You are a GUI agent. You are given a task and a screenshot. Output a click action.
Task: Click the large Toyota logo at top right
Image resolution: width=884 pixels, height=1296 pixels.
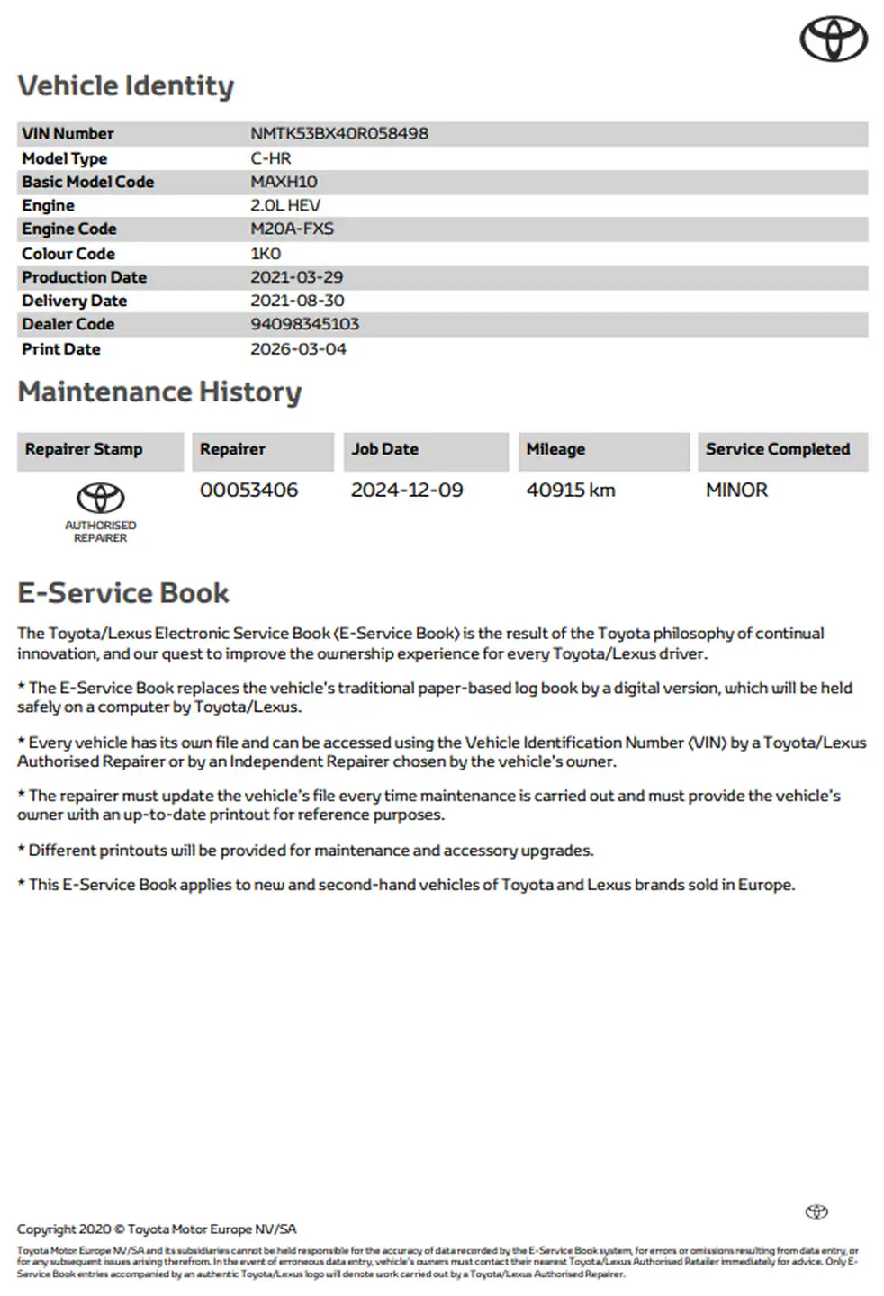click(834, 40)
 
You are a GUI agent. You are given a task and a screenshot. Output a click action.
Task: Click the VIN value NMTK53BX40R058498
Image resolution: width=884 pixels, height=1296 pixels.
click(339, 134)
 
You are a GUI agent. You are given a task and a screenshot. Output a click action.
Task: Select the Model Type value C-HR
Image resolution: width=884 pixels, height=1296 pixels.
click(271, 158)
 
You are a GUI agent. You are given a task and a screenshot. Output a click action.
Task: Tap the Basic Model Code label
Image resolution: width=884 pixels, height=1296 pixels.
click(88, 182)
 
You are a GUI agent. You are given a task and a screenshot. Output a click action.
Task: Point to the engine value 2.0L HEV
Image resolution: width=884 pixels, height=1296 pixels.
click(285, 206)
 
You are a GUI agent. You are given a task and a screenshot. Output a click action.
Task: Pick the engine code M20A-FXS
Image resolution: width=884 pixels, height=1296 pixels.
click(292, 229)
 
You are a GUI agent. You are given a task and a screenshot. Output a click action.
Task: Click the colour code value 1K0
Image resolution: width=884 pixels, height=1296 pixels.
click(266, 254)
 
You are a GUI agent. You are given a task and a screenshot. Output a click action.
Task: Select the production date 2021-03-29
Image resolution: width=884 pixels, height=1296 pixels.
click(296, 277)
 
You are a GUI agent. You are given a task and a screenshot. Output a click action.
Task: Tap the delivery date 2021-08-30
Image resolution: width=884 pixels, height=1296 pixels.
click(297, 301)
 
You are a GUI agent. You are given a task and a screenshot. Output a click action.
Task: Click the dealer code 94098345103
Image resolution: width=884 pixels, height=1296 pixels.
click(304, 324)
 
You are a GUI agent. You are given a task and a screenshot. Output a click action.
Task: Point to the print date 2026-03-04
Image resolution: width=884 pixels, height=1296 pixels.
click(298, 349)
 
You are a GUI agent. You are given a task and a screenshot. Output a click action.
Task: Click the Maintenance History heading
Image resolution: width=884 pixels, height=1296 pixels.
click(159, 392)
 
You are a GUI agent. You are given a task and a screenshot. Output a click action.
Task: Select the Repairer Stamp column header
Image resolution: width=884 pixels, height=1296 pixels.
click(84, 449)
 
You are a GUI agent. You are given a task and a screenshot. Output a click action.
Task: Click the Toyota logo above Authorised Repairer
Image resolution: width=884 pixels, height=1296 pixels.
click(100, 498)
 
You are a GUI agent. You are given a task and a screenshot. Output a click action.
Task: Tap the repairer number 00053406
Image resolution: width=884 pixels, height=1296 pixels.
click(248, 490)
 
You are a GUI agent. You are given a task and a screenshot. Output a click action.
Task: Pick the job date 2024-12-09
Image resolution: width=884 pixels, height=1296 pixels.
click(407, 490)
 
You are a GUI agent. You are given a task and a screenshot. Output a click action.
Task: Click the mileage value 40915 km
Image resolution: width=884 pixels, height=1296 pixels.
click(571, 490)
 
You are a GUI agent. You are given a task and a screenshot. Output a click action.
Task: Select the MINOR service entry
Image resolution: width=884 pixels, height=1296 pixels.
click(736, 490)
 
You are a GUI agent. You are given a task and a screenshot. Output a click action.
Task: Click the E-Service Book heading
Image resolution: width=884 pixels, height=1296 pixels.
click(123, 593)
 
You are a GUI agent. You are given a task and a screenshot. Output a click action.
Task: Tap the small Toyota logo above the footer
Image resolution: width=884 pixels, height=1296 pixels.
click(816, 1211)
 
